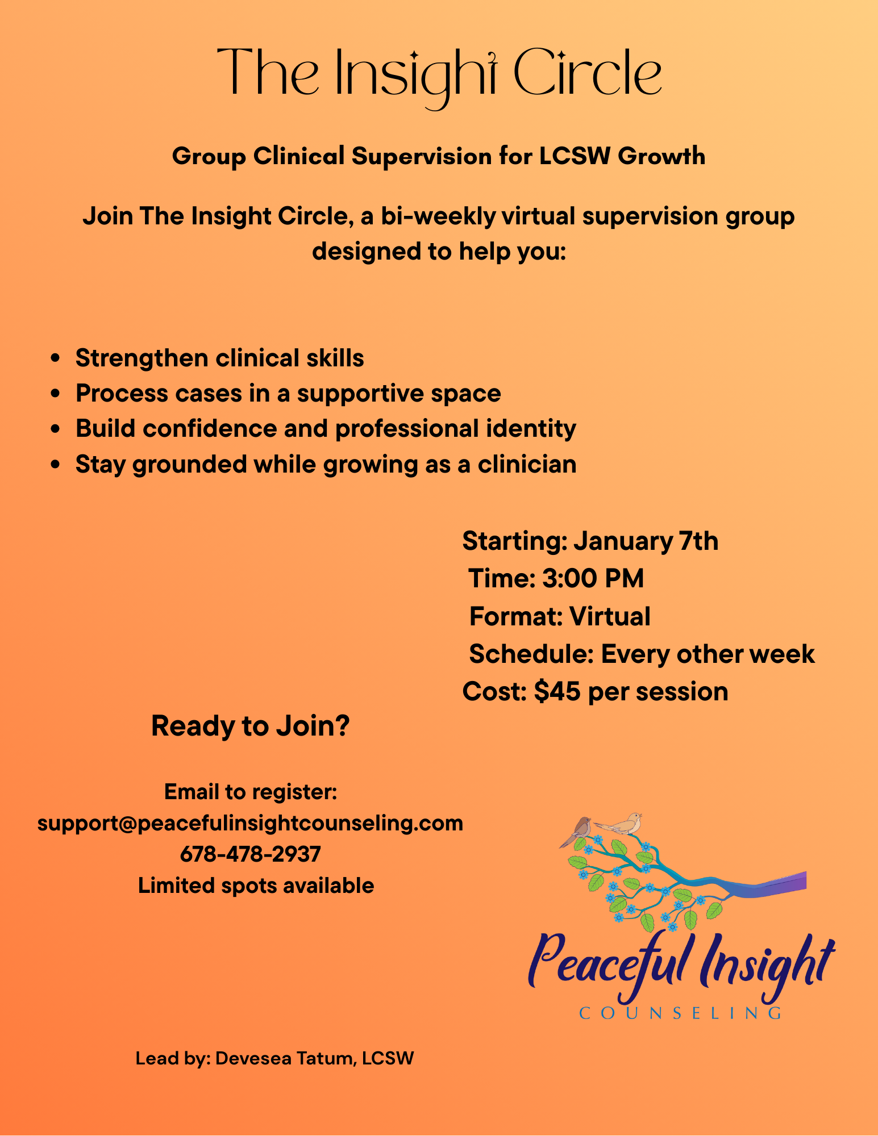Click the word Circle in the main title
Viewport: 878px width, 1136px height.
587,73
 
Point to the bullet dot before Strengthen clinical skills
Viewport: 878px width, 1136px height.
55,358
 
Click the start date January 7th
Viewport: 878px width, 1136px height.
646,541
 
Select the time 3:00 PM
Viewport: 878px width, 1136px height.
593,579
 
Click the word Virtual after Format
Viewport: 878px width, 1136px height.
610,616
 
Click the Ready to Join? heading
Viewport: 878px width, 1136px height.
251,726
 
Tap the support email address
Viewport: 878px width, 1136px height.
251,823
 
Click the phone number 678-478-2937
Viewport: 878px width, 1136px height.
251,854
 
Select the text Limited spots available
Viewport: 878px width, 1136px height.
256,886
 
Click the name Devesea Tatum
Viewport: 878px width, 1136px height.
285,1058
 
